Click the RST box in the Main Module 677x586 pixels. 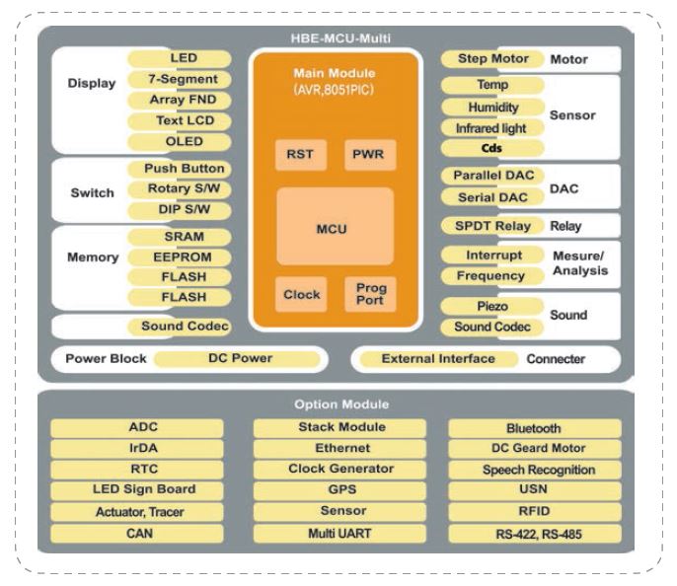point(301,155)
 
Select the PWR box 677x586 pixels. point(370,155)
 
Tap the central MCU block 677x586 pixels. point(334,228)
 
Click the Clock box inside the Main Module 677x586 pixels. point(302,294)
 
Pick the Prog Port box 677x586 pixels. point(370,294)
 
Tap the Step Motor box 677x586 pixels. point(491,59)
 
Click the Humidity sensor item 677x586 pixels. point(491,107)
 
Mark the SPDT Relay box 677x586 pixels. point(491,226)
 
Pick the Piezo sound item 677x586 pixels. point(491,306)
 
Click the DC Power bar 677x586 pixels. point(239,358)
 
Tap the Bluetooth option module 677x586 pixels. point(534,428)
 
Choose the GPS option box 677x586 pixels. point(339,489)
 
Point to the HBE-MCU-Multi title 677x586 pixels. point(339,38)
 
